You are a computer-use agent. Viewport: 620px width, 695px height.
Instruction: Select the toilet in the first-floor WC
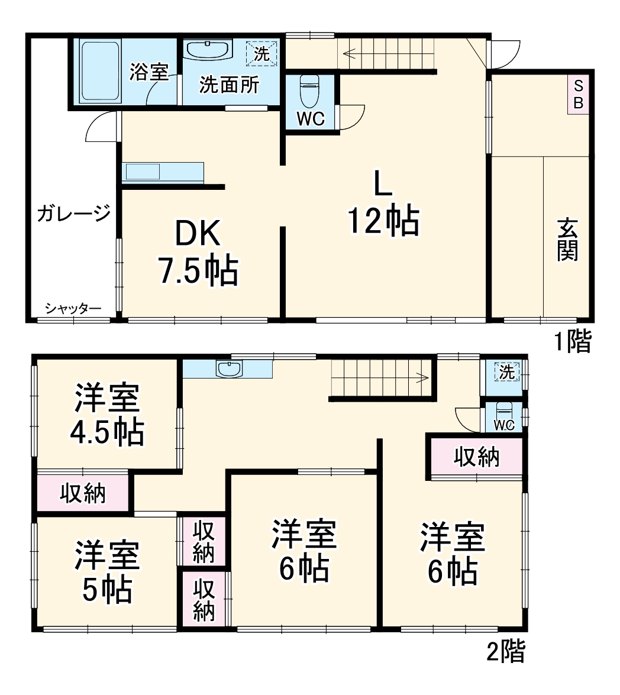tap(309, 89)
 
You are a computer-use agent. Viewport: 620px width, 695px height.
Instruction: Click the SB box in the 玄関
tap(579, 94)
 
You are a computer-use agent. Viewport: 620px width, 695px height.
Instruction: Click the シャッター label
tap(73, 308)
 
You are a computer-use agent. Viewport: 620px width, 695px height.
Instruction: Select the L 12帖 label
tap(383, 205)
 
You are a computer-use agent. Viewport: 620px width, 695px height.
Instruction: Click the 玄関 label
tap(567, 240)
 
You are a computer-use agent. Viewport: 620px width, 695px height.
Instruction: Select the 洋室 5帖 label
tap(107, 571)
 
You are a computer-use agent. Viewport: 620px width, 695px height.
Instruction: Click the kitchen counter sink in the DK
tap(141, 172)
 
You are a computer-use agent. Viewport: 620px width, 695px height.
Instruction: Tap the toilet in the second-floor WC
tap(503, 412)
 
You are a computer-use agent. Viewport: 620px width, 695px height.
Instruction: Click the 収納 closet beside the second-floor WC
tap(476, 457)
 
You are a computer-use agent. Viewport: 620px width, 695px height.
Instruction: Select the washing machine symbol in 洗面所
tap(261, 53)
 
